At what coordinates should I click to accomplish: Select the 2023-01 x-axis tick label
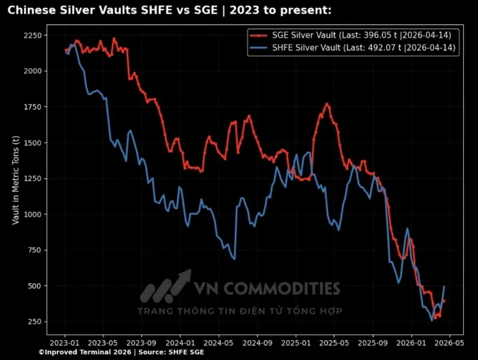click(65, 344)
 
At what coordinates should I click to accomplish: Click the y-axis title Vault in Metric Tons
click(16, 179)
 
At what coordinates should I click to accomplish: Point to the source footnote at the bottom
click(121, 353)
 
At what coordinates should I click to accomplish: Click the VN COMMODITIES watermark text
click(266, 289)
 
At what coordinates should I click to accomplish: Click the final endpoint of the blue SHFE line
click(444, 287)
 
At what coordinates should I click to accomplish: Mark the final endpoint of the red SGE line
click(444, 301)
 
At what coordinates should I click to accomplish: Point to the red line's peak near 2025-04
click(326, 104)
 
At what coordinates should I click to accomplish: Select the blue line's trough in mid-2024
click(234, 259)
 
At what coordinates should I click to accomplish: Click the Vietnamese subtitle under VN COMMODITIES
click(240, 311)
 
